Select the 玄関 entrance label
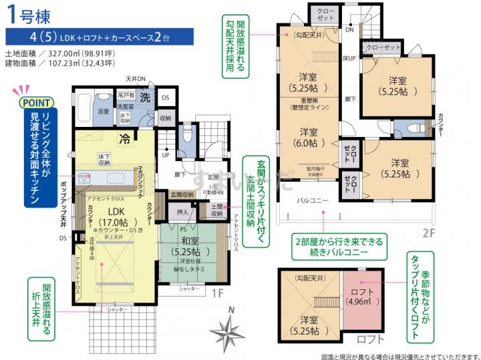(213, 176)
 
